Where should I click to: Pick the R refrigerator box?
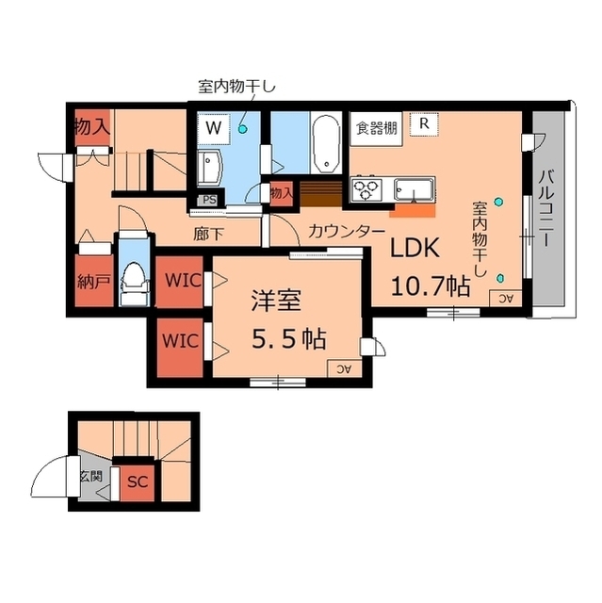[425, 122]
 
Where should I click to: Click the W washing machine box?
[214, 126]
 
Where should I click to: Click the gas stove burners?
[366, 188]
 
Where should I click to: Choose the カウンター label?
[347, 231]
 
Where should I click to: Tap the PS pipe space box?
[208, 200]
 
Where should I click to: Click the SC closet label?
[138, 481]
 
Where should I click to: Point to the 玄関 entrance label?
[90, 476]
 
